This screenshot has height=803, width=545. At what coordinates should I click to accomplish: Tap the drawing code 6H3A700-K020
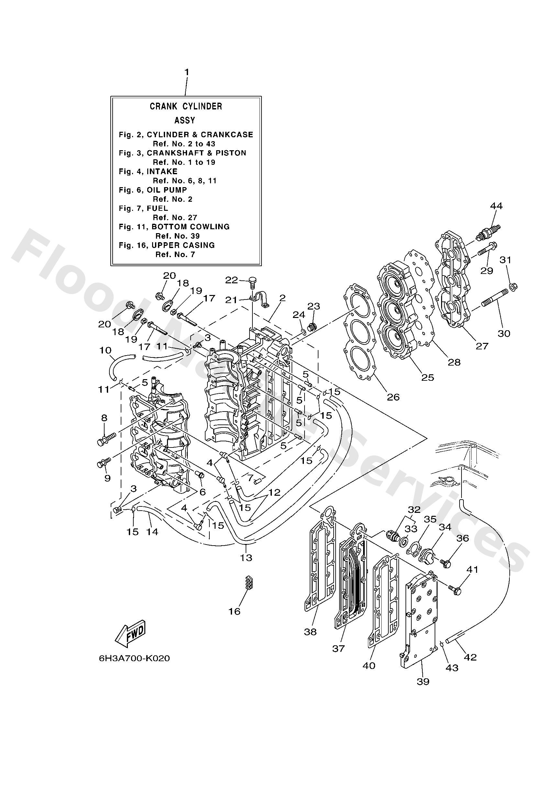click(x=134, y=658)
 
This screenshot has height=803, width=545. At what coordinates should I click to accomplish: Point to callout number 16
click(x=234, y=611)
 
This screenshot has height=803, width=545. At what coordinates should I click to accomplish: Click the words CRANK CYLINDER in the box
click(x=186, y=107)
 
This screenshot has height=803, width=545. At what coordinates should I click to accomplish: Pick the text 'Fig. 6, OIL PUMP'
click(x=153, y=190)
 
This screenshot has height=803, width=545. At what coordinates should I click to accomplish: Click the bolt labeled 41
click(x=455, y=590)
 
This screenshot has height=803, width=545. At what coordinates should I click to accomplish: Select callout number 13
click(x=246, y=557)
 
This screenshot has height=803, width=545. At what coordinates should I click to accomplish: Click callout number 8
click(x=104, y=418)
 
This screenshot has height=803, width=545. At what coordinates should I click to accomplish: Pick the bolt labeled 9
click(x=103, y=463)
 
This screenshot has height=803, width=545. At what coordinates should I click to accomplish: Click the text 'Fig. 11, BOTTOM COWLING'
click(x=174, y=227)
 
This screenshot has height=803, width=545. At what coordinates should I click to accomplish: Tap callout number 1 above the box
click(x=186, y=72)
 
